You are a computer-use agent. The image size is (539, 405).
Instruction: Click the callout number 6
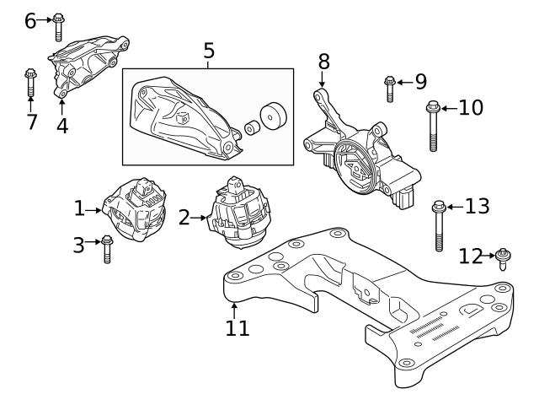(x=30, y=19)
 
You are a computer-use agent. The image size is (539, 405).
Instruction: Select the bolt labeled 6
(x=58, y=25)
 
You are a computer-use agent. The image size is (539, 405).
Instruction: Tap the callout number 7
(x=31, y=122)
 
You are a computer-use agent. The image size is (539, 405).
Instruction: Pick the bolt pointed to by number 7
(x=29, y=84)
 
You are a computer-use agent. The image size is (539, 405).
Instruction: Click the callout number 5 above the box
(x=209, y=51)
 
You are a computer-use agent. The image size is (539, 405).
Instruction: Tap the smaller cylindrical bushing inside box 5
(x=250, y=128)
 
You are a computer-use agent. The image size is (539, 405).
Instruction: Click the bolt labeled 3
(x=107, y=249)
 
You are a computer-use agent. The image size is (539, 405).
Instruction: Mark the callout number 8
(x=323, y=62)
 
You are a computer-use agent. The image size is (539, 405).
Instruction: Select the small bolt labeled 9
(x=390, y=87)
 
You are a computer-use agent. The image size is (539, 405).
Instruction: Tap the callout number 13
(x=477, y=207)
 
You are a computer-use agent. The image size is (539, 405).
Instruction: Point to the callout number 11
(x=237, y=327)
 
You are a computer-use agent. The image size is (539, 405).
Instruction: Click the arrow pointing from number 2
(x=200, y=218)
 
